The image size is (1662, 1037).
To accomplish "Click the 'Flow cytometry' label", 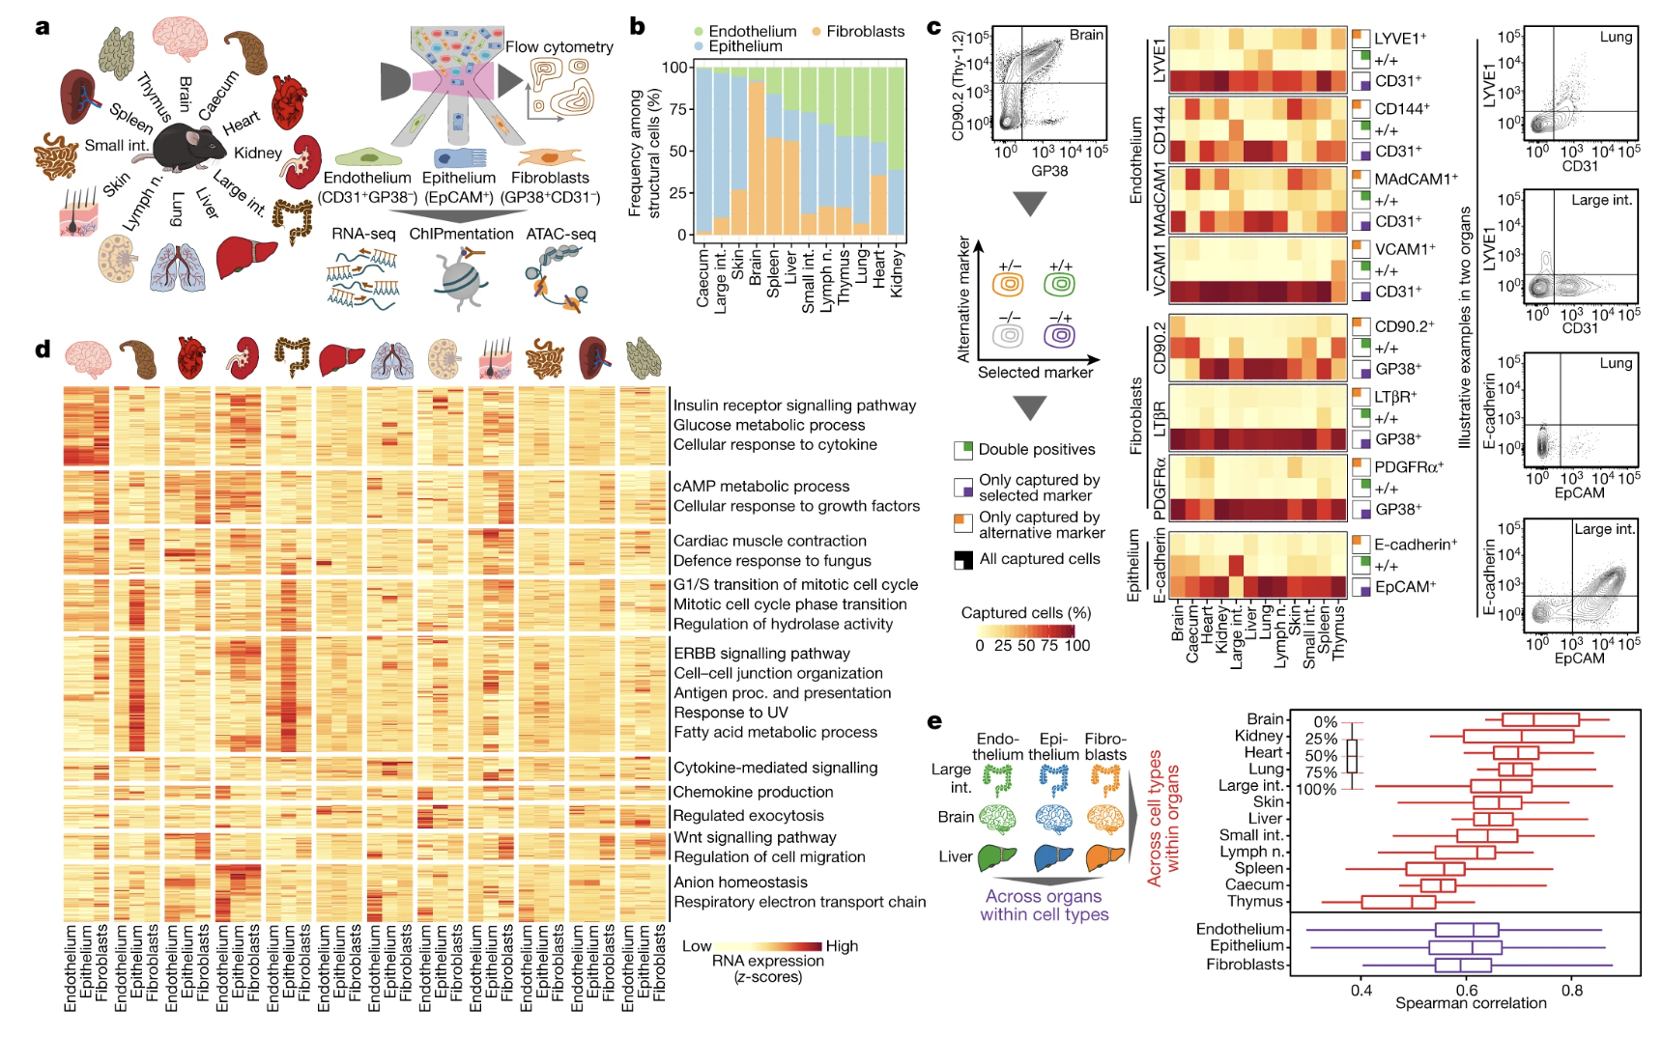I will click(x=559, y=46).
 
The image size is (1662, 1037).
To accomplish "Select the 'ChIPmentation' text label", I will click(x=461, y=234).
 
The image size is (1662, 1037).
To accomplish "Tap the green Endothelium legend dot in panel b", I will click(x=699, y=32).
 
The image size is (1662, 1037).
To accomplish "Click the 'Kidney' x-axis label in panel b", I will click(x=897, y=273).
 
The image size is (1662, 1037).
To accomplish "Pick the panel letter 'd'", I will click(x=43, y=350).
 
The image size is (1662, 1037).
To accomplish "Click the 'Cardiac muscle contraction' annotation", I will click(x=769, y=541).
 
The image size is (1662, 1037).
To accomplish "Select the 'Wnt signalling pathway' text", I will click(x=755, y=837).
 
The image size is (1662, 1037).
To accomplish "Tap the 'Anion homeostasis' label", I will click(x=740, y=882).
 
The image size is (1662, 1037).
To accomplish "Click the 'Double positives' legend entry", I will click(x=1036, y=450).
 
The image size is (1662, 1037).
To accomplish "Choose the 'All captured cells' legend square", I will click(x=963, y=560).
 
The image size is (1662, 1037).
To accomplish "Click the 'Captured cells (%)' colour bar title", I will click(x=1025, y=613).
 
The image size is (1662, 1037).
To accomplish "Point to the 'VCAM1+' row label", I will click(x=1404, y=249).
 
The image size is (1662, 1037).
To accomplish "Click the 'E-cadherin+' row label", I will click(x=1415, y=545).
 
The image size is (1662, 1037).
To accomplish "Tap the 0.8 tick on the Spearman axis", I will click(x=1572, y=989).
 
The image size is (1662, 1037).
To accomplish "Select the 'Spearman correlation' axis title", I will click(x=1470, y=1003).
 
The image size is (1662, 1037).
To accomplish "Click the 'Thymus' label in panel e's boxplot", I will click(x=1254, y=901).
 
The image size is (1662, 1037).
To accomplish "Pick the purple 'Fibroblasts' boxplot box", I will click(x=1463, y=965).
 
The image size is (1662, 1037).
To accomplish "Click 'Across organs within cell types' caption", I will click(x=1044, y=906).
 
